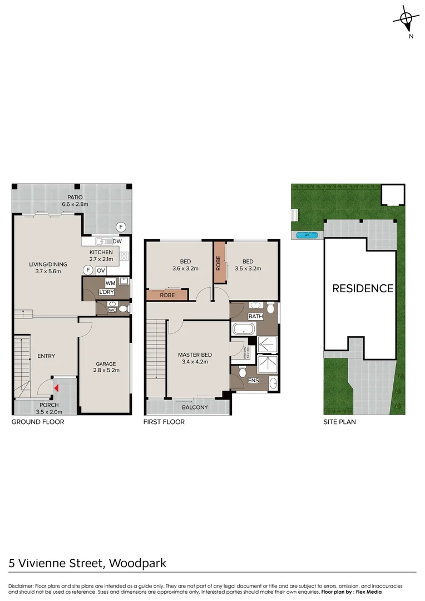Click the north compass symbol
pyautogui.click(x=407, y=22)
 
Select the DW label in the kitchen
pyautogui.click(x=117, y=242)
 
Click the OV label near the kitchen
pyautogui.click(x=101, y=270)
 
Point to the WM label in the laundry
pyautogui.click(x=110, y=283)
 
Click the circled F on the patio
pyautogui.click(x=120, y=226)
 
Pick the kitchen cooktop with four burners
pyautogui.click(x=125, y=257)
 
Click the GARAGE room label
pyautogui.click(x=105, y=363)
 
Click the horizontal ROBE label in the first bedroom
pyautogui.click(x=168, y=295)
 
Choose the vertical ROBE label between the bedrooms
pyautogui.click(x=219, y=263)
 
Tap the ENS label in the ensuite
pyautogui.click(x=253, y=381)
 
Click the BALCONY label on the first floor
pyautogui.click(x=195, y=407)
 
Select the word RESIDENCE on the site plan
pyautogui.click(x=363, y=288)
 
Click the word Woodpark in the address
pyautogui.click(x=137, y=563)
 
